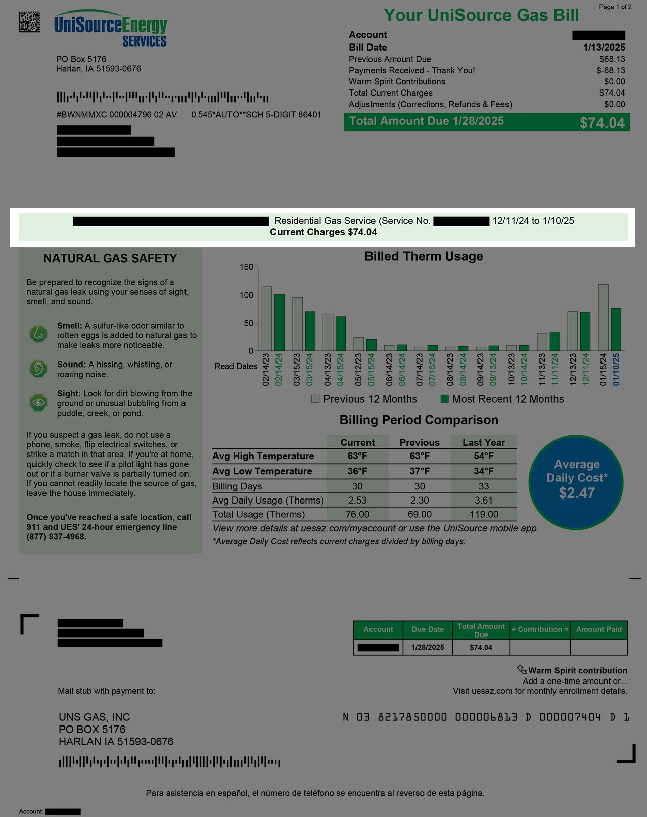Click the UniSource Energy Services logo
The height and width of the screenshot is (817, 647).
coord(111,29)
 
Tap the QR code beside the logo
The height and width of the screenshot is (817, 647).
coord(29,21)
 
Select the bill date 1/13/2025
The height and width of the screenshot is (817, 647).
coord(604,48)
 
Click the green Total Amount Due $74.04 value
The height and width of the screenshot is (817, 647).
coord(602,123)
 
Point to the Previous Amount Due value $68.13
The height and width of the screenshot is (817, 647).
coord(612,59)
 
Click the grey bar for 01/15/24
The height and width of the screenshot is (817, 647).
coord(603,317)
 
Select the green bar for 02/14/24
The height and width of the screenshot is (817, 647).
coord(279,323)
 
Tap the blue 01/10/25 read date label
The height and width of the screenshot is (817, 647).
coord(616,370)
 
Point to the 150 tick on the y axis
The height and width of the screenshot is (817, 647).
coord(247,267)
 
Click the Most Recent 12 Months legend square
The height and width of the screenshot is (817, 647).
coord(445,399)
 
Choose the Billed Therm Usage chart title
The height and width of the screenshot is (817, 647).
coord(424,257)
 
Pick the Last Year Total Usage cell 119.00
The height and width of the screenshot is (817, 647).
coord(484,515)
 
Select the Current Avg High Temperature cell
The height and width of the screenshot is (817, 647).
coord(357,456)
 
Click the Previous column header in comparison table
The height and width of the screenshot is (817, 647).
coord(420,443)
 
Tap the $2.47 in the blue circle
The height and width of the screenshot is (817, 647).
coord(576,493)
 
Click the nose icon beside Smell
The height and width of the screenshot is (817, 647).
coord(38,334)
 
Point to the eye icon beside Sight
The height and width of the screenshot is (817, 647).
coord(38,402)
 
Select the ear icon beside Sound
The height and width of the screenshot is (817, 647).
coord(38,369)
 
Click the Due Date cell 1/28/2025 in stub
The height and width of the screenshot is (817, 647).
coord(428,648)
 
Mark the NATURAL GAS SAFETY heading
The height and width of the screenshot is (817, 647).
coord(110,259)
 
